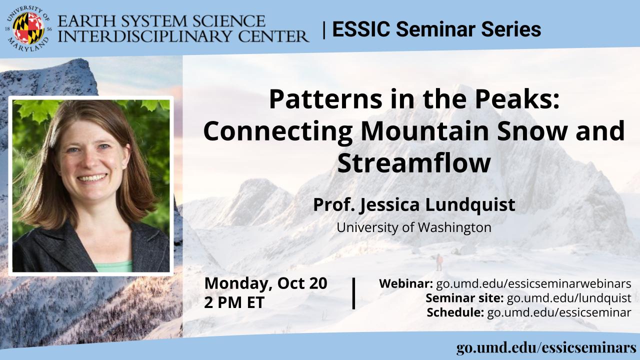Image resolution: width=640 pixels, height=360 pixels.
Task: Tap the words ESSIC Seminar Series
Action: [436, 29]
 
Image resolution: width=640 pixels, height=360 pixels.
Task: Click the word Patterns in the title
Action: [325, 99]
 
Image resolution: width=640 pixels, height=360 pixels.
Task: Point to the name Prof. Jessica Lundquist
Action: [414, 205]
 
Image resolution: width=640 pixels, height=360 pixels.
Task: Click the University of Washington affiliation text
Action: [414, 227]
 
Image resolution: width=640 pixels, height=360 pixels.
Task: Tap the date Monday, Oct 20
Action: [265, 283]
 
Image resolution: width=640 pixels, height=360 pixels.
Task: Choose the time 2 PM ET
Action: [234, 302]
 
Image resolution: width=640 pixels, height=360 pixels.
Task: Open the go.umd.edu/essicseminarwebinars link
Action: [533, 283]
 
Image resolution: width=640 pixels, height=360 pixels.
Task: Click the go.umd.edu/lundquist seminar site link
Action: [569, 298]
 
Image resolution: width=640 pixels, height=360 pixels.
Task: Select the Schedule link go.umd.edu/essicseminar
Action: [559, 312]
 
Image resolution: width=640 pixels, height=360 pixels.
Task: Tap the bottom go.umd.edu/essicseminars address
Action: [546, 348]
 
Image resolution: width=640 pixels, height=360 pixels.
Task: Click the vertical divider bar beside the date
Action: [353, 293]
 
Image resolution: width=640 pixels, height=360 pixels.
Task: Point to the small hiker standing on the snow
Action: [439, 262]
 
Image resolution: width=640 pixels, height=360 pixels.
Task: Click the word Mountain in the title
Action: [426, 131]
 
